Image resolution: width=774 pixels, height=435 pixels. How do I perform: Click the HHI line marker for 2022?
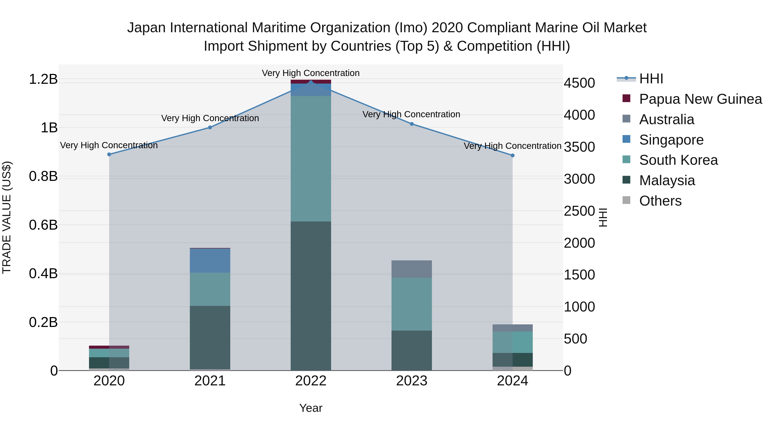click(311, 82)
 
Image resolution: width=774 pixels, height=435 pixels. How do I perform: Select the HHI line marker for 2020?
click(109, 154)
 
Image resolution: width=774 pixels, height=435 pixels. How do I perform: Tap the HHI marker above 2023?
click(412, 124)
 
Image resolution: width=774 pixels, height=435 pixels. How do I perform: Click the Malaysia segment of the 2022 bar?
click(311, 296)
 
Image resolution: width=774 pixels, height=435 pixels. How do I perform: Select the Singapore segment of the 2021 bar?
click(210, 261)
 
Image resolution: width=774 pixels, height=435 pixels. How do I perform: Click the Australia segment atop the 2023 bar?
click(412, 269)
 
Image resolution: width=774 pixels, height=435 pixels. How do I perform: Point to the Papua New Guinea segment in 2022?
click(311, 82)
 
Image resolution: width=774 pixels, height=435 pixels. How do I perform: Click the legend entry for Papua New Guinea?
click(700, 99)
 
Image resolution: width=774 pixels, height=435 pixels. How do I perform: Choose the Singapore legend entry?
click(671, 140)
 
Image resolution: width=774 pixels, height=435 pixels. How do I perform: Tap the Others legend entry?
click(660, 201)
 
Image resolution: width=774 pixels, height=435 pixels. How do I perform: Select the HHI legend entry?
click(651, 79)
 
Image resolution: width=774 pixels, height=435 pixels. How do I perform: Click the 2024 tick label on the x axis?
click(512, 381)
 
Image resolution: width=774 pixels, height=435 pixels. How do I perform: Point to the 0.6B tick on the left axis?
click(43, 225)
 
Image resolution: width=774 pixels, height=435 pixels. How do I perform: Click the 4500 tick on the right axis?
click(579, 83)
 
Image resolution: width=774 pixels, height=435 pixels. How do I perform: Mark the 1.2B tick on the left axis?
click(43, 79)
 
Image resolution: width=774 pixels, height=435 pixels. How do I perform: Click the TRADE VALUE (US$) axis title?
click(7, 217)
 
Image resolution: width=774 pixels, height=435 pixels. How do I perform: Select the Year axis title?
click(311, 408)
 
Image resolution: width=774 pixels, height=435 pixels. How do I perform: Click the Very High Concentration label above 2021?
click(210, 118)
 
